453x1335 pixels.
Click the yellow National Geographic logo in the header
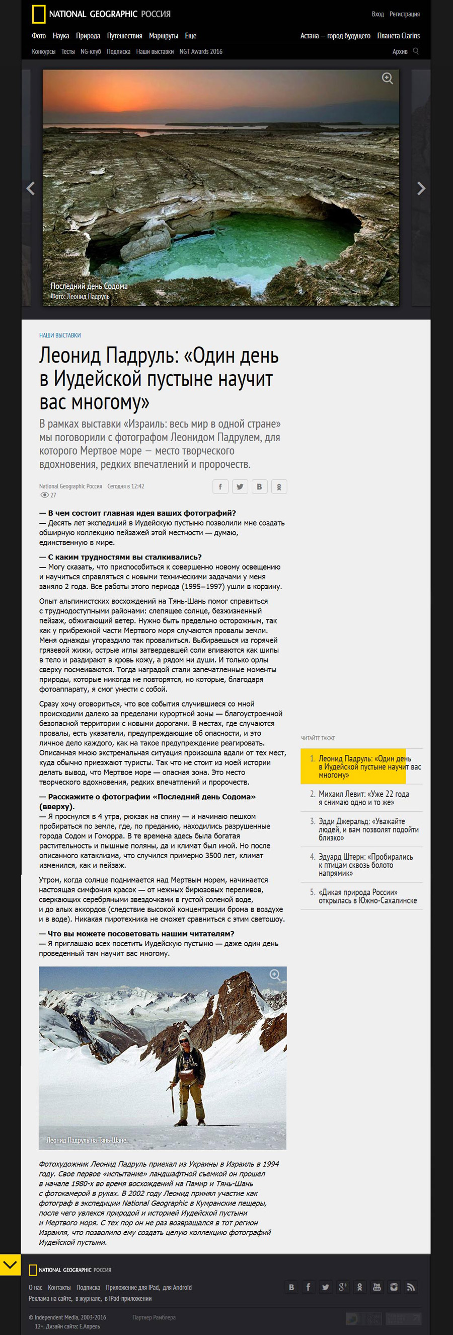pyautogui.click(x=39, y=14)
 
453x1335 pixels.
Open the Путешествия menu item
pyautogui.click(x=124, y=36)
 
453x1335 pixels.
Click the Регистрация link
pyautogui.click(x=404, y=14)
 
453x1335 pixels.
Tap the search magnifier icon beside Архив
pyautogui.click(x=416, y=51)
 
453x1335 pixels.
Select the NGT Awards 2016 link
pyautogui.click(x=201, y=51)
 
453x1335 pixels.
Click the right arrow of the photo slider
pyautogui.click(x=421, y=188)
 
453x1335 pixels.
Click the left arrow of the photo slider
pyautogui.click(x=31, y=188)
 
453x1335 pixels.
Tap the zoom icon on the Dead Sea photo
pyautogui.click(x=387, y=79)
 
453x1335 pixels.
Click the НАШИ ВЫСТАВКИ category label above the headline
pyautogui.click(x=60, y=335)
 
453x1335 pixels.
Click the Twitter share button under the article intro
pyautogui.click(x=240, y=486)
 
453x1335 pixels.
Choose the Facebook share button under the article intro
pyautogui.click(x=220, y=486)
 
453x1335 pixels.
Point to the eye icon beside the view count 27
pyautogui.click(x=44, y=495)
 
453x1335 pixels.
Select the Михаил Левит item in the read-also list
pyautogui.click(x=363, y=798)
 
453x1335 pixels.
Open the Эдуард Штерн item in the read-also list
pyautogui.click(x=365, y=865)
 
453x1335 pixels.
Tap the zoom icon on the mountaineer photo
pyautogui.click(x=275, y=975)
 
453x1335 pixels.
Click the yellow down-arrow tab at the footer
pyautogui.click(x=11, y=1264)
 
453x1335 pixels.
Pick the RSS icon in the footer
pyautogui.click(x=411, y=1287)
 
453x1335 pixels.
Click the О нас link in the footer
pyautogui.click(x=35, y=1287)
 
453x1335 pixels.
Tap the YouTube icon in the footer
pyautogui.click(x=376, y=1287)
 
